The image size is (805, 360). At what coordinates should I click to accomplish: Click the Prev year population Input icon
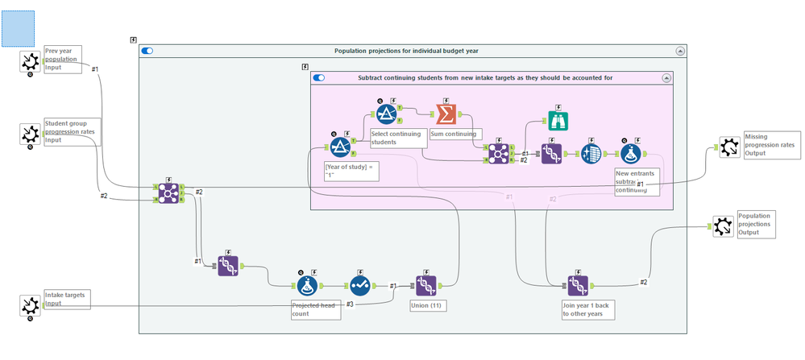(x=30, y=61)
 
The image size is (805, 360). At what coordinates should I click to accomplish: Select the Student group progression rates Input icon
(x=30, y=134)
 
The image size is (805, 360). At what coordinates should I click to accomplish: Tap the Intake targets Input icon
(x=30, y=305)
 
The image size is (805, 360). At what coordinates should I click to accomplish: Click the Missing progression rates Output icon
(x=729, y=147)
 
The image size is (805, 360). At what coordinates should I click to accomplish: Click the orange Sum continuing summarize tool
(x=446, y=113)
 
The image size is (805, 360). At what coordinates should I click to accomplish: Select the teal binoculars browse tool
(x=558, y=120)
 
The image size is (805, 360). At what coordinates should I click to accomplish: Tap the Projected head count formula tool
(x=306, y=285)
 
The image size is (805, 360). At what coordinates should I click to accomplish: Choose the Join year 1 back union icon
(x=577, y=285)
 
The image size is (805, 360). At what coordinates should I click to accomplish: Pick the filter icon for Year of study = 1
(x=340, y=147)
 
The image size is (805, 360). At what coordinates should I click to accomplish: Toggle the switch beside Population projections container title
(x=147, y=51)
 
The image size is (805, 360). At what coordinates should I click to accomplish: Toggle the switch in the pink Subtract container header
(x=319, y=78)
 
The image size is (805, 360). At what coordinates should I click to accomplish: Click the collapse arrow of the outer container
(x=680, y=51)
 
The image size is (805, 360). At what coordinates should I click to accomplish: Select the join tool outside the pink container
(x=169, y=192)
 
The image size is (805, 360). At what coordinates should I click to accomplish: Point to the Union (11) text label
(x=426, y=306)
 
